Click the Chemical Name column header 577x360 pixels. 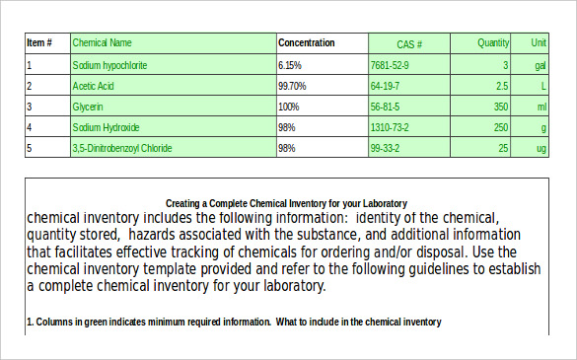102,43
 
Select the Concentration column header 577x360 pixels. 306,43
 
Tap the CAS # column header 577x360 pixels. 409,44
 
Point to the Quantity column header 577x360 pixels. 493,43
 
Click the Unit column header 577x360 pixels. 539,43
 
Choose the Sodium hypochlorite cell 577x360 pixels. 109,65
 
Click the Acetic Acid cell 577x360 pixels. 95,86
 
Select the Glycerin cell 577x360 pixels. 88,107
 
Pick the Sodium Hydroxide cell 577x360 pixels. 106,127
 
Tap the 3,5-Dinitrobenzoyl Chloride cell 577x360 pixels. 122,148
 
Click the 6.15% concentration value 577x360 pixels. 290,65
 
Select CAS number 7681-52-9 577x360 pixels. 389,65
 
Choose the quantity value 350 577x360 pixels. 501,107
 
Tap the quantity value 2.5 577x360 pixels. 502,86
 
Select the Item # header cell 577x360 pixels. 39,43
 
